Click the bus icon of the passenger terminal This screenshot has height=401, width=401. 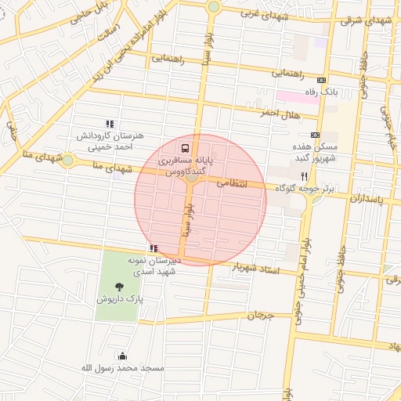click(x=185, y=147)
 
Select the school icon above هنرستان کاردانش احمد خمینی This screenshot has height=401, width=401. click(x=110, y=124)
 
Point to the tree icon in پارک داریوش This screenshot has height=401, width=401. click(x=119, y=287)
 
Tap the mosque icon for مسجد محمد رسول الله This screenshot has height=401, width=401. click(x=121, y=356)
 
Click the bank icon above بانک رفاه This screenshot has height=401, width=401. click(x=321, y=80)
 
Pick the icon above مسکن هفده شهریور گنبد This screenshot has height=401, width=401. click(x=315, y=135)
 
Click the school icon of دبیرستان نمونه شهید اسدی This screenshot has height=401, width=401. click(x=154, y=248)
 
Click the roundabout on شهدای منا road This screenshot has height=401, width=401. click(x=68, y=161)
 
